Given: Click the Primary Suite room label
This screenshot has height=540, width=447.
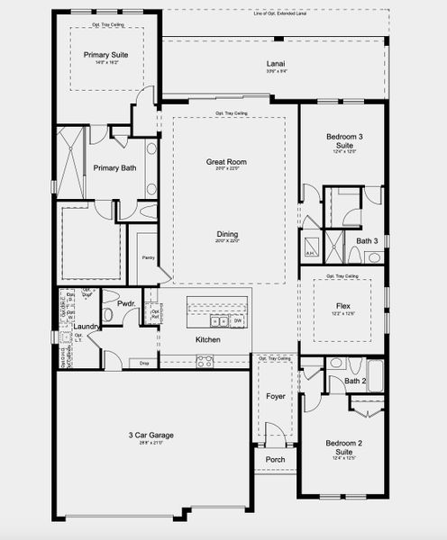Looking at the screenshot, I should pyautogui.click(x=106, y=55).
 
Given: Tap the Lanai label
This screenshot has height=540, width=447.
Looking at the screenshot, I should pyautogui.click(x=276, y=64).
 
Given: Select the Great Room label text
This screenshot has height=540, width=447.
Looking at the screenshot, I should pyautogui.click(x=226, y=162).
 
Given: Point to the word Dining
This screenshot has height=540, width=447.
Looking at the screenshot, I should pyautogui.click(x=227, y=234).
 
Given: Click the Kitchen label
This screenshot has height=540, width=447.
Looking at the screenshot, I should pyautogui.click(x=208, y=339).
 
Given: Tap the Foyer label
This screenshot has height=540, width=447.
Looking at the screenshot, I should pyautogui.click(x=275, y=396).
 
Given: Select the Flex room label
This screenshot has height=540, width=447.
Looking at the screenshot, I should pyautogui.click(x=343, y=306).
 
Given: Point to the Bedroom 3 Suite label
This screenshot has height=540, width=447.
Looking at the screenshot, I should pyautogui.click(x=343, y=140).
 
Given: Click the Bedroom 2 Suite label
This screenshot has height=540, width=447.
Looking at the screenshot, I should pyautogui.click(x=343, y=446).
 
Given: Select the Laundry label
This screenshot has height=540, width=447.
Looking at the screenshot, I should pyautogui.click(x=85, y=327).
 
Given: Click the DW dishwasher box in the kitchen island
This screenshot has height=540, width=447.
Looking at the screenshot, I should pyautogui.click(x=238, y=320).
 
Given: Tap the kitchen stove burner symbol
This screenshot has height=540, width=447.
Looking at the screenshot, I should pyautogui.click(x=205, y=361).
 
